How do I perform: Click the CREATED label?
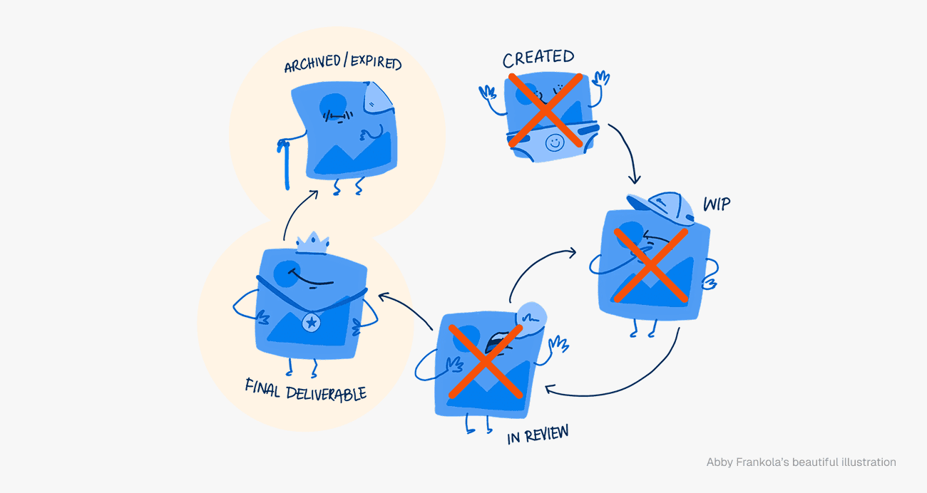[538, 58]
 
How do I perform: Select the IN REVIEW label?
[538, 434]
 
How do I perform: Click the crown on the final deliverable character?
[312, 242]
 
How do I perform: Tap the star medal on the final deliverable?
[311, 323]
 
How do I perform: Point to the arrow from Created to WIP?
[626, 152]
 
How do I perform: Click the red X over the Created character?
[546, 110]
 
